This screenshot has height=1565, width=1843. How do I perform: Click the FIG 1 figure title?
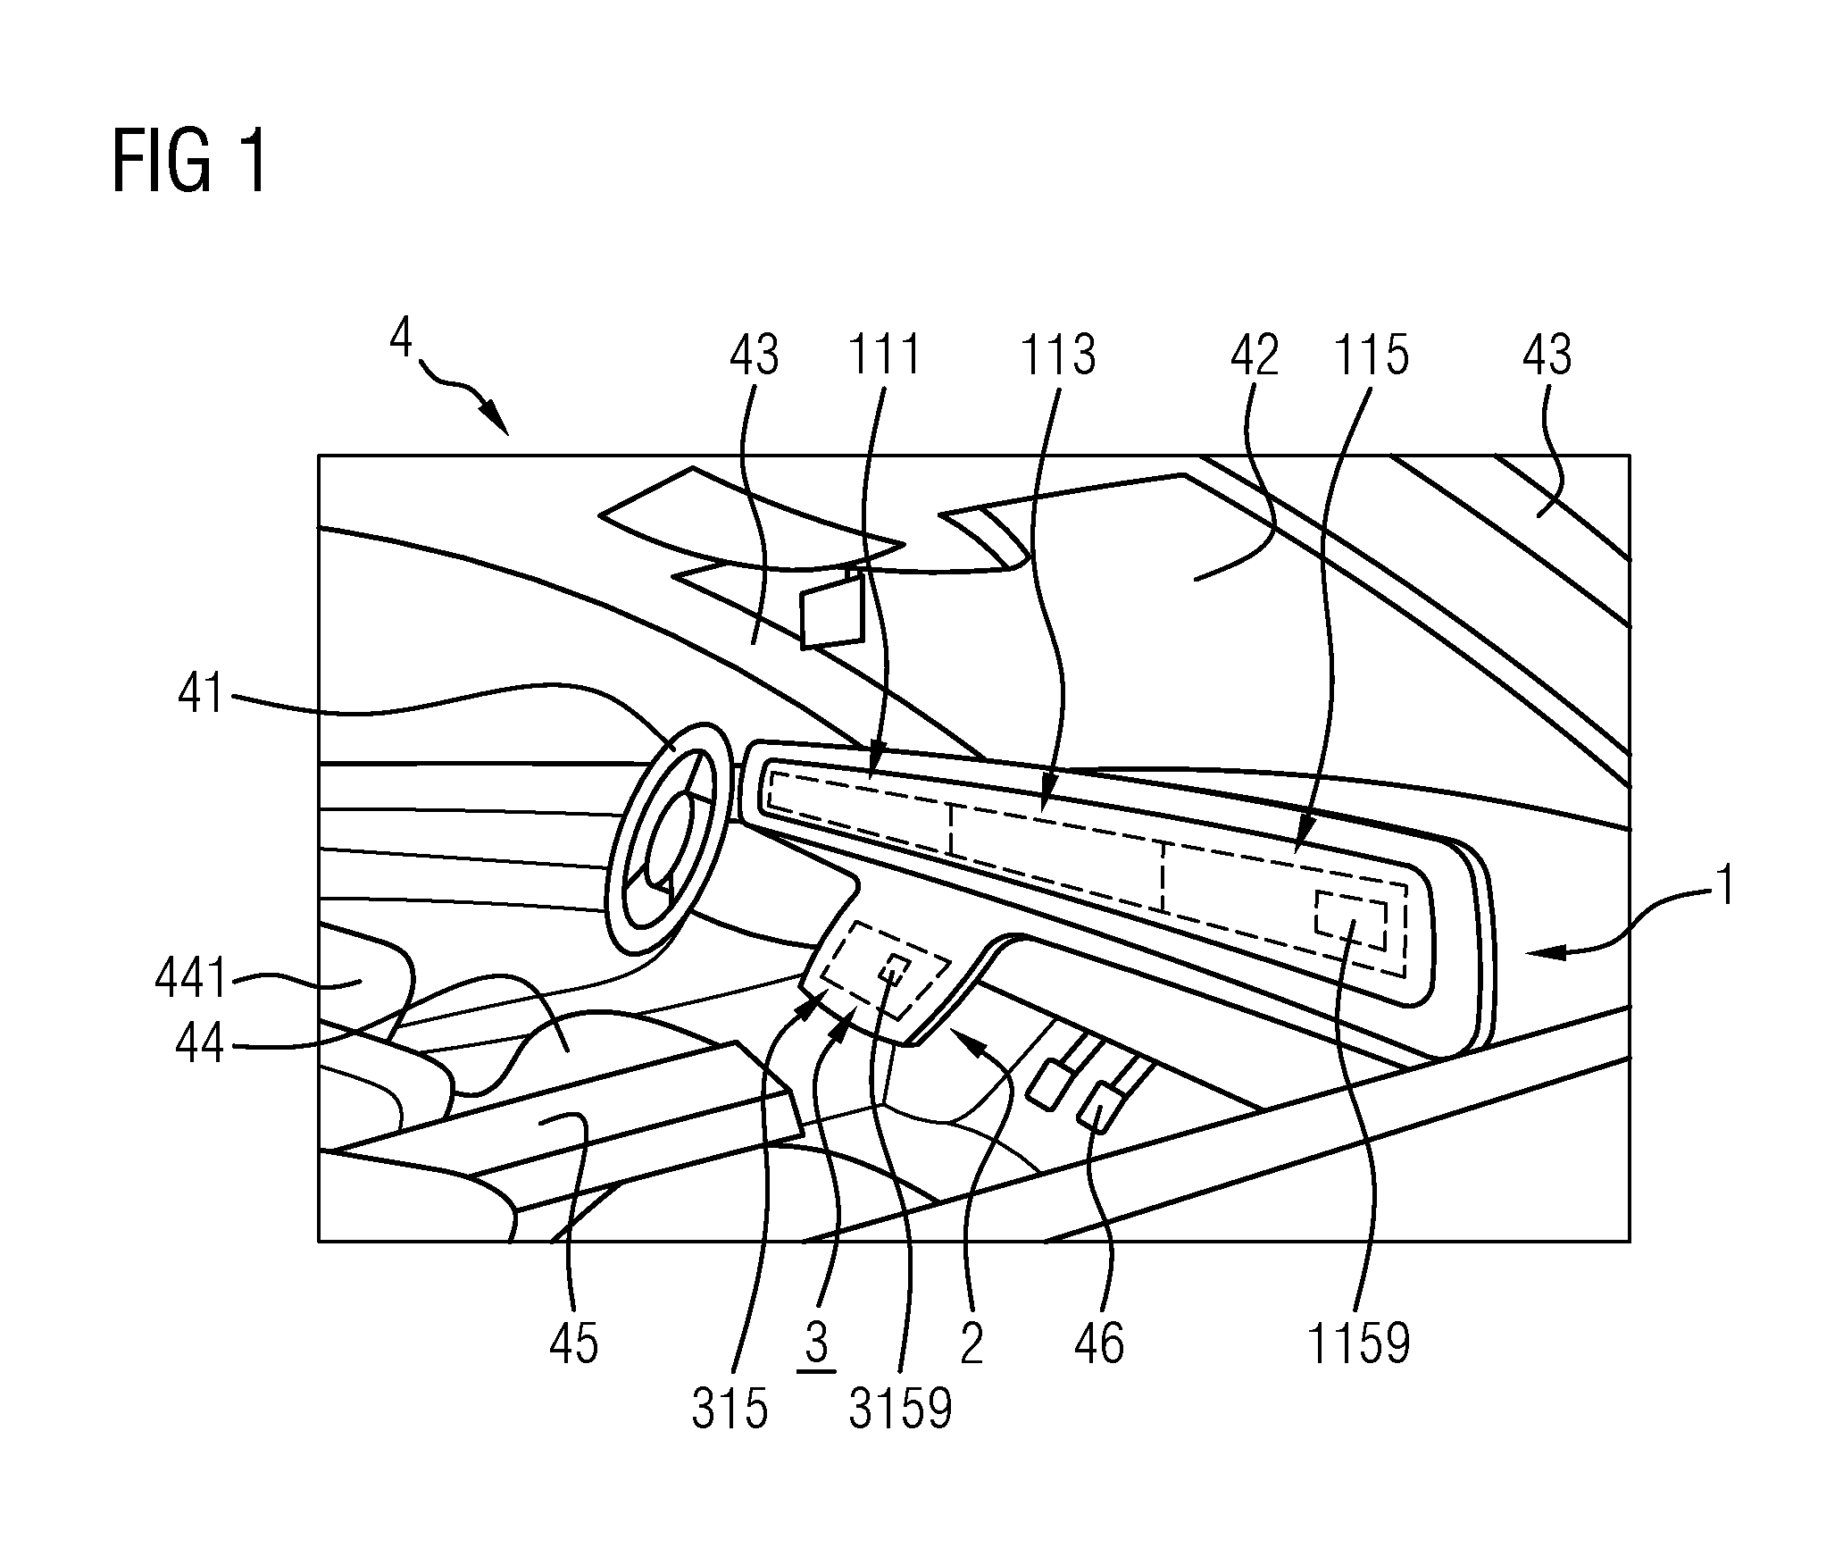tap(189, 162)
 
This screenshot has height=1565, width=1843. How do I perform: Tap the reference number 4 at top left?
tap(402, 339)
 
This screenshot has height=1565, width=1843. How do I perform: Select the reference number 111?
tap(883, 355)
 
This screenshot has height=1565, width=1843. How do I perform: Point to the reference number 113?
tap(1057, 355)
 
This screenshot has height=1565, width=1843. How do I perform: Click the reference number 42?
tap(1255, 355)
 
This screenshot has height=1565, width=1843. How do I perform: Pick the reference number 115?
tap(1371, 355)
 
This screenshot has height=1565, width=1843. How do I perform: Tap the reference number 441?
tap(190, 979)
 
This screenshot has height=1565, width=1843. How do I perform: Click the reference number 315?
tap(730, 1410)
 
